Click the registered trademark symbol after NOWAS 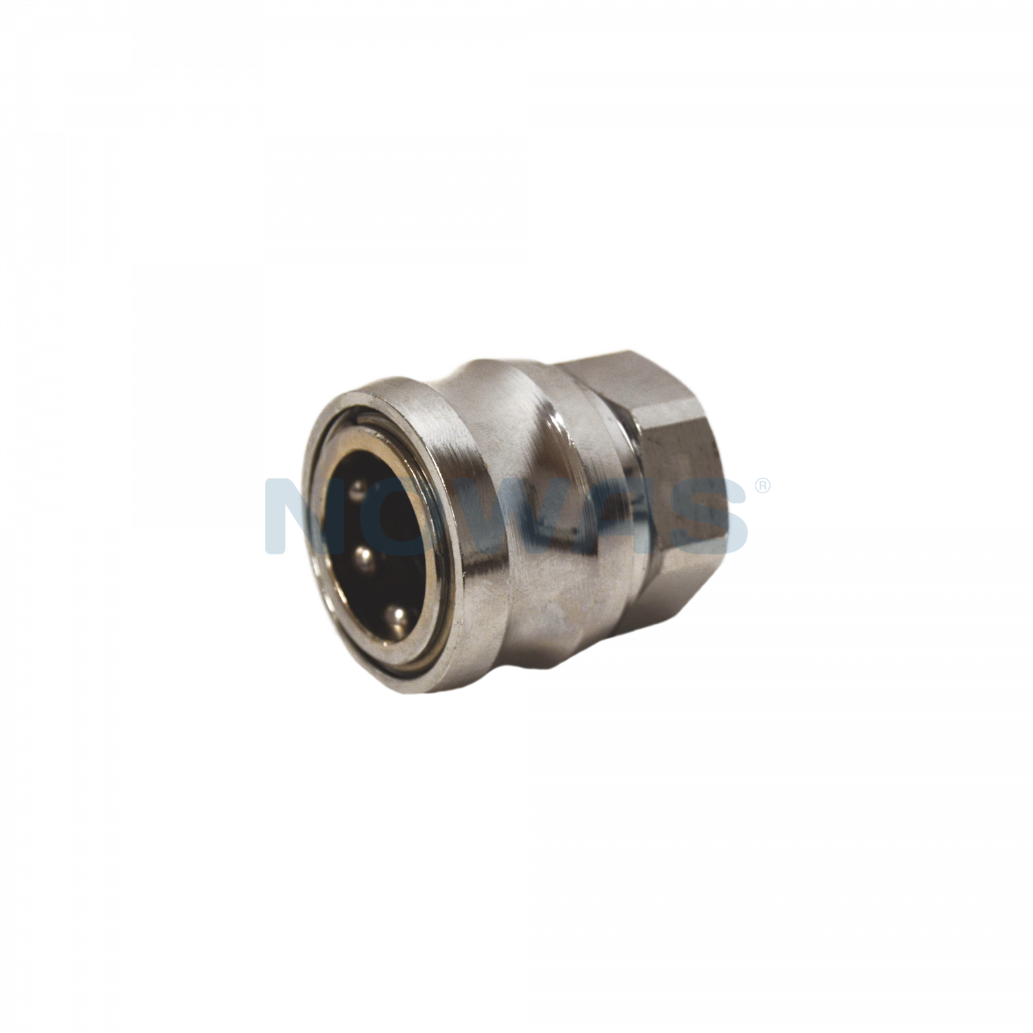tap(762, 487)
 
